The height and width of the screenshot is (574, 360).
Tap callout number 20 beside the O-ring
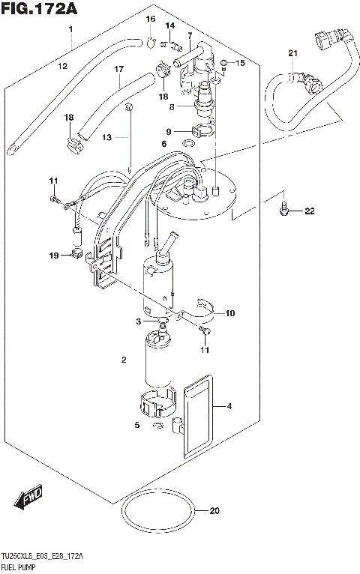point(214,512)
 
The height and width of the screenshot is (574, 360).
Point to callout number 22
point(308,212)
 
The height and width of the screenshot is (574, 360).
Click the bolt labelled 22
point(283,210)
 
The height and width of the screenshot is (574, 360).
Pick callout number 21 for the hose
point(292,52)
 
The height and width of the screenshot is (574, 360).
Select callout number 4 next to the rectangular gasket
point(230,408)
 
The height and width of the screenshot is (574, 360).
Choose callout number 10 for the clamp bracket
point(230,312)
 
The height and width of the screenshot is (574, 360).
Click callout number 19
point(53,256)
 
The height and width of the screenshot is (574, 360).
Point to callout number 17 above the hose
point(118,70)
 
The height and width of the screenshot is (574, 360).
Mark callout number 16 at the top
point(150,19)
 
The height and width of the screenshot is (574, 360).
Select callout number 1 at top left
point(70,29)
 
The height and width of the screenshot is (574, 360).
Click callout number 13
point(106,138)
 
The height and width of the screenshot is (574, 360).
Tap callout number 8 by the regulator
point(171,107)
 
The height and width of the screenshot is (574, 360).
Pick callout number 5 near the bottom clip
point(137,426)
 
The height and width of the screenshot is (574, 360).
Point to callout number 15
point(240,63)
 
